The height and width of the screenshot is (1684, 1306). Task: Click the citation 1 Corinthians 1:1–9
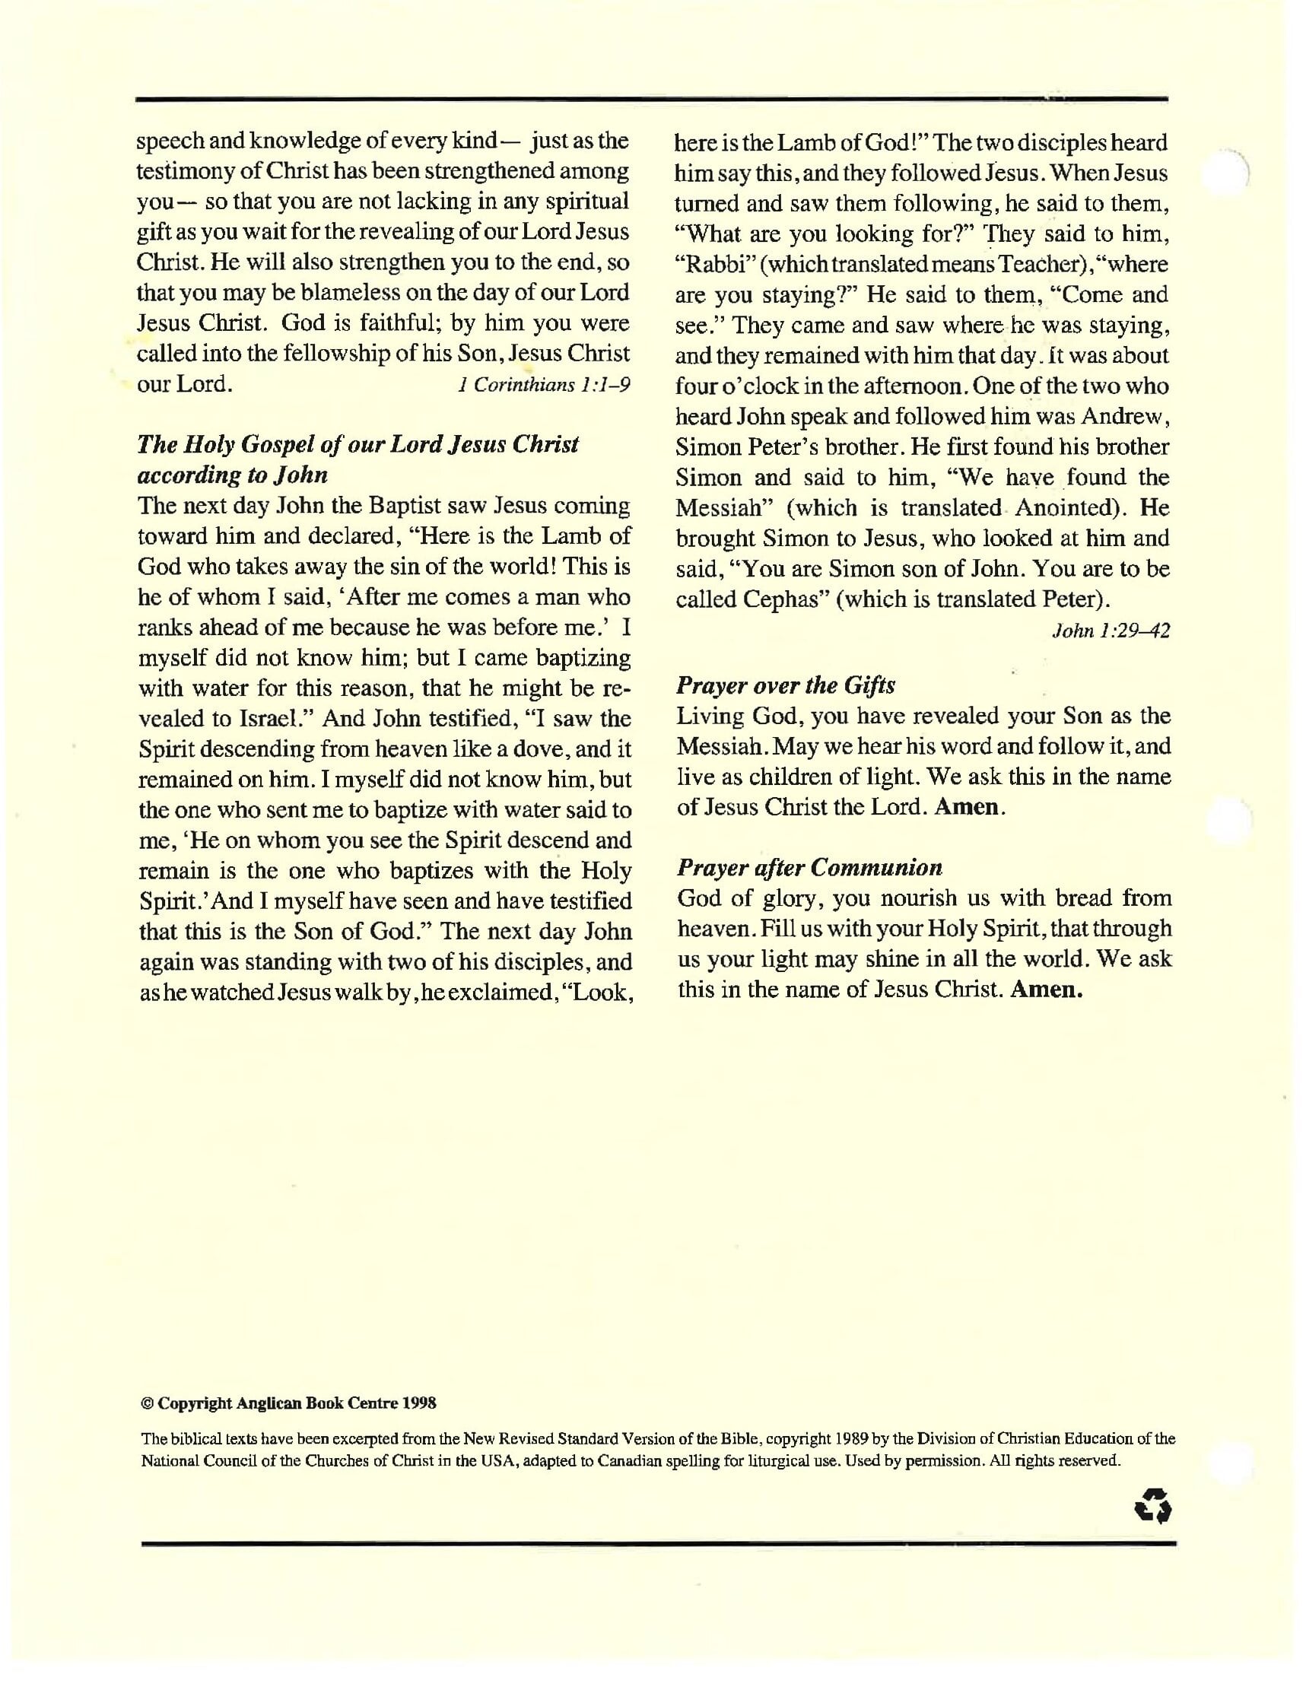click(x=544, y=385)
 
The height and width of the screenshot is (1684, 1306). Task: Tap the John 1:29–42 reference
click(x=1111, y=631)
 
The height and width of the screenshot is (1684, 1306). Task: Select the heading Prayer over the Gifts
click(x=785, y=685)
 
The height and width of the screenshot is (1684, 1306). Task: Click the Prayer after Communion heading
click(x=809, y=867)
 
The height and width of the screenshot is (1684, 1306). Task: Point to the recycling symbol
click(x=1153, y=1505)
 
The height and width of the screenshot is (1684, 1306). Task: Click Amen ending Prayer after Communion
click(x=1046, y=990)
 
